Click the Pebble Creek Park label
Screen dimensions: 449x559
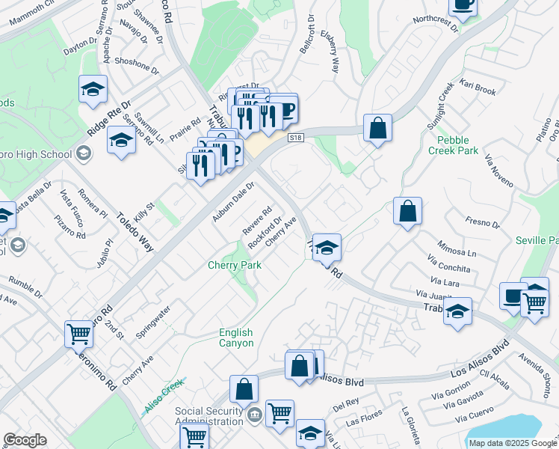tap(453, 145)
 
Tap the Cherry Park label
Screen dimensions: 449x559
tap(234, 266)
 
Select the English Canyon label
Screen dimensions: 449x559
tap(236, 337)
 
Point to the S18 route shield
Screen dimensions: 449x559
tap(297, 138)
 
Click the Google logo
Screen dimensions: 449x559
tap(25, 440)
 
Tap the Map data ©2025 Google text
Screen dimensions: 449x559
tap(512, 443)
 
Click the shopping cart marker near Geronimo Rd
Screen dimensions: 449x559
tap(78, 335)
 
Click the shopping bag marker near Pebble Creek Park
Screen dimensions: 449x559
tap(378, 127)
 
